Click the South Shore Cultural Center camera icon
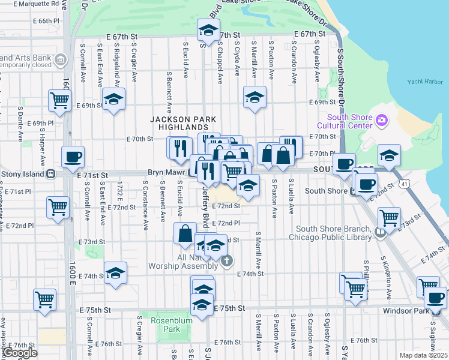381,121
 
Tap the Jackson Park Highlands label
179,124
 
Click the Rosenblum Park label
165,325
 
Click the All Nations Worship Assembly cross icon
226,261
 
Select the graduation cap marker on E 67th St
208,29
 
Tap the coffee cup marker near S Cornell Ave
73,157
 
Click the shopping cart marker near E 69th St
59,100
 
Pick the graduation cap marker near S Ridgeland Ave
113,99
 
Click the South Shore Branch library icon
379,232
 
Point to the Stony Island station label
25,174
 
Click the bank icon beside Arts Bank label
60,60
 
